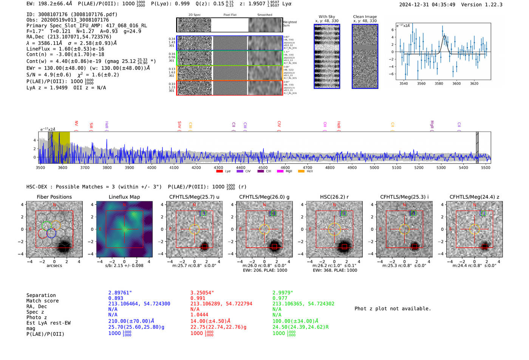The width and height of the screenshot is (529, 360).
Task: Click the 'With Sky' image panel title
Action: (x=326, y=17)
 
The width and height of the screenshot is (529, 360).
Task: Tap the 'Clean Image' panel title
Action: (x=365, y=17)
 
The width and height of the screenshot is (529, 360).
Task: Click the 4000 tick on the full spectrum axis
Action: (x=152, y=168)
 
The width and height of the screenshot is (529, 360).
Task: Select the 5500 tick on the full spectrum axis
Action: (x=486, y=168)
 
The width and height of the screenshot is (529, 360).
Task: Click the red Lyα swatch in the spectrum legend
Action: (x=219, y=172)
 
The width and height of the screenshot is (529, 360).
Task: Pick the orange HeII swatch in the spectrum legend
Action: (x=301, y=172)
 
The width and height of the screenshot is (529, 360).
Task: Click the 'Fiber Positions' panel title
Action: (x=54, y=197)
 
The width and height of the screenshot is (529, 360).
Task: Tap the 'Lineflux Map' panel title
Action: (x=124, y=197)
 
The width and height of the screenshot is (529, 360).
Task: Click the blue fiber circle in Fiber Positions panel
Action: (x=51, y=233)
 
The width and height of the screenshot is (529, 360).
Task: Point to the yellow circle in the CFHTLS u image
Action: (x=194, y=229)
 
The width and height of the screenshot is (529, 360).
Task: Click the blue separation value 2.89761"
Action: (x=120, y=293)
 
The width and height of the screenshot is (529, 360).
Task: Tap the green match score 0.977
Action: (x=280, y=298)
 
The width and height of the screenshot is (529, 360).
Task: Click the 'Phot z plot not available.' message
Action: (x=393, y=309)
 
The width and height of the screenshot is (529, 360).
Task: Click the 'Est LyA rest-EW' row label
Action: (x=48, y=323)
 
